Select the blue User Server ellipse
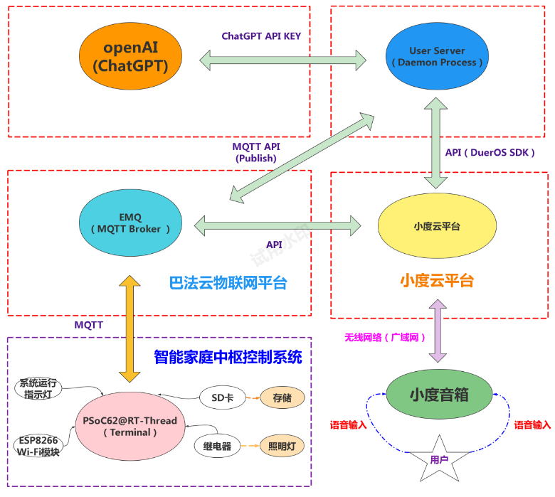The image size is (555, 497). pos(437,57)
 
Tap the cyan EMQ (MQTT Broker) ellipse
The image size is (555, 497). pos(131,223)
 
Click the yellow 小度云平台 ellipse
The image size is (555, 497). pos(436,226)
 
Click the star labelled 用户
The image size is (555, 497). pos(438,459)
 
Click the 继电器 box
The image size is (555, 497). pos(217,447)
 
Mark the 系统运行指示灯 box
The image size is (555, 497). pos(38,388)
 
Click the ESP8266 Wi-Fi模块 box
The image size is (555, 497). pos(36,446)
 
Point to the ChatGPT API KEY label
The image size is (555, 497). pos(261,36)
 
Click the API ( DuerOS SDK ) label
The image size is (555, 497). pos(490,152)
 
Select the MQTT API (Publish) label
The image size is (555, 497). pos(256,152)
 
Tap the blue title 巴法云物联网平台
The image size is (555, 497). pos(228,282)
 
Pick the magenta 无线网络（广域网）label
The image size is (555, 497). pos(385,337)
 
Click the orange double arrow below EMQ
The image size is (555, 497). pos(129,329)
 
